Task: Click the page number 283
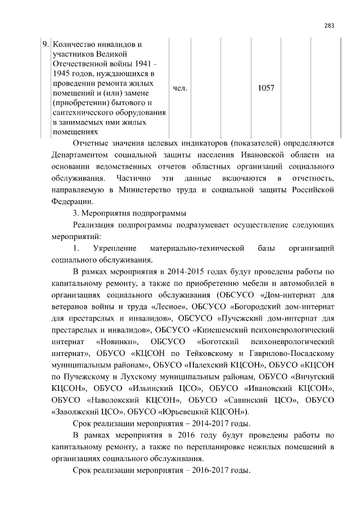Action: (330, 24)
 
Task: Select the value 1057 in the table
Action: (265, 88)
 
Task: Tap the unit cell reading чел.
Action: (180, 88)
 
